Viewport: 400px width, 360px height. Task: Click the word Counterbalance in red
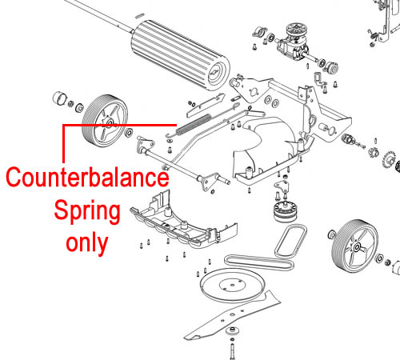(87, 178)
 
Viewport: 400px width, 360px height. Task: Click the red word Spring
(87, 211)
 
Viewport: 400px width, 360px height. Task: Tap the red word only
(87, 242)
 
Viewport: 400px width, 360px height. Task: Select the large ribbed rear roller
(180, 55)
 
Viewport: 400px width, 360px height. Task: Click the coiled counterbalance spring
(194, 123)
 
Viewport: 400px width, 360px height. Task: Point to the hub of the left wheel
(109, 123)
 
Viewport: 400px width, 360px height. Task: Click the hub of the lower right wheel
(357, 247)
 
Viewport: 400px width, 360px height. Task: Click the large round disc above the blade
(233, 286)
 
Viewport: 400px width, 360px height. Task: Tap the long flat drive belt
(258, 262)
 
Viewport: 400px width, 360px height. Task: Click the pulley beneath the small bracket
(286, 212)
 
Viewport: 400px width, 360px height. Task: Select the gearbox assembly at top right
(294, 42)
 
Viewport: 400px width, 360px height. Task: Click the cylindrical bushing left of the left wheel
(60, 98)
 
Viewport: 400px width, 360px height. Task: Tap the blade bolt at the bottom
(232, 350)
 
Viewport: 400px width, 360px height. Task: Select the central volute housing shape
(266, 150)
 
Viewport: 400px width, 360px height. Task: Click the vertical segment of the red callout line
(63, 143)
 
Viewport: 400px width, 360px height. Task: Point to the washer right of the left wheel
(129, 133)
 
